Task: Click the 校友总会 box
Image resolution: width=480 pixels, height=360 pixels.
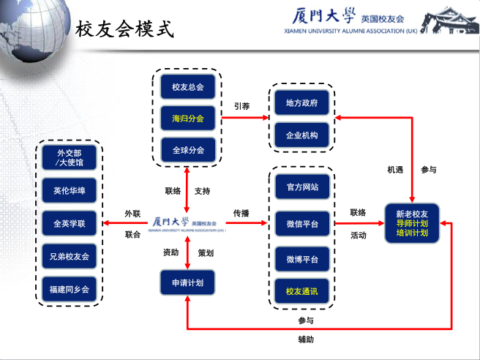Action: (x=187, y=87)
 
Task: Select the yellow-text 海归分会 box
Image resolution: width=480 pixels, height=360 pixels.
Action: (x=187, y=118)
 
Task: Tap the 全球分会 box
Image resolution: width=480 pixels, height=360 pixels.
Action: (x=188, y=150)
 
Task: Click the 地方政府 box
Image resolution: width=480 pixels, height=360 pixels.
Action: (x=302, y=103)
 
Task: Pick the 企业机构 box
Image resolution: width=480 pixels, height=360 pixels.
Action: (x=302, y=135)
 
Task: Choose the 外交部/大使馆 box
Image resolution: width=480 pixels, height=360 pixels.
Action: (x=70, y=157)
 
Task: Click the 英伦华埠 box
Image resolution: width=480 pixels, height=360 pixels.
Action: (x=70, y=190)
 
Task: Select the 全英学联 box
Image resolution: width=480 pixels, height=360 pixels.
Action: (x=70, y=223)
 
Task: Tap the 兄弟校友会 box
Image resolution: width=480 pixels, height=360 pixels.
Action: (x=70, y=256)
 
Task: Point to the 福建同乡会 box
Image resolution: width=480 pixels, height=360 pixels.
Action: (x=70, y=289)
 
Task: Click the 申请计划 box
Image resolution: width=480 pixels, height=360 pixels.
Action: (x=187, y=282)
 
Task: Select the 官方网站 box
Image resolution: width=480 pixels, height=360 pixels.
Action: (x=302, y=187)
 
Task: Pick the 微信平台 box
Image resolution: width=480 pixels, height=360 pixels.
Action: (x=302, y=223)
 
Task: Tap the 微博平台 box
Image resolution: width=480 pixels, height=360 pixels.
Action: (x=302, y=259)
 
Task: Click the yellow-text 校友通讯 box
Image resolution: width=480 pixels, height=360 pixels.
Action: (x=302, y=290)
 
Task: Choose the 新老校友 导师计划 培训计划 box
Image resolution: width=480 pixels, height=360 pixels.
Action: (x=412, y=223)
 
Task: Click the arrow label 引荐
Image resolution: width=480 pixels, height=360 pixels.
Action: (x=242, y=106)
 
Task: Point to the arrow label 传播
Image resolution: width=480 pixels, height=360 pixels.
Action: (x=241, y=213)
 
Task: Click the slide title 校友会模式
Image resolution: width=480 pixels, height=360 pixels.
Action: (x=124, y=29)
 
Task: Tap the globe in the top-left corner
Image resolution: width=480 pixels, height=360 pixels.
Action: (x=34, y=29)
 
